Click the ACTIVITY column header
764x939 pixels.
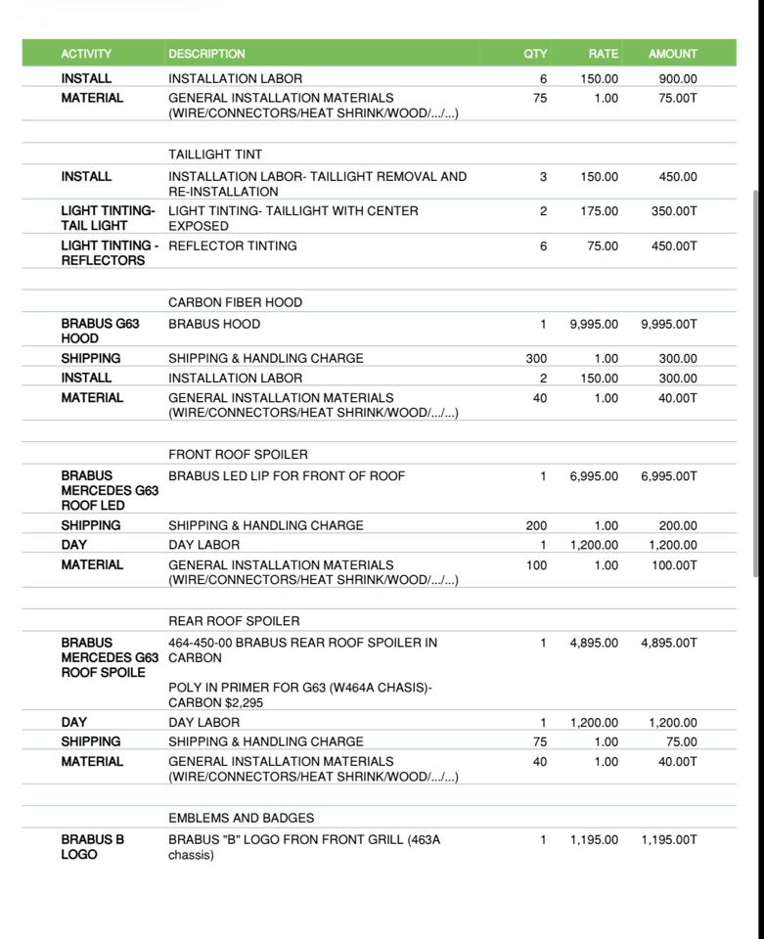coord(86,54)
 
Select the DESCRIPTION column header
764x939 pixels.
coord(206,54)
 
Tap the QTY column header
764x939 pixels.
coord(535,54)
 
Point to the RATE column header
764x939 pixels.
coord(603,54)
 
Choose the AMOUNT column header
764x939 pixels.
coord(673,54)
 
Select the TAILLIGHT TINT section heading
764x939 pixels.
coord(215,155)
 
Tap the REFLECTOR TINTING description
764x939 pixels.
coord(233,246)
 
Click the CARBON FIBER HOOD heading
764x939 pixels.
coord(235,302)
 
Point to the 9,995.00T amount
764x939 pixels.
coord(669,324)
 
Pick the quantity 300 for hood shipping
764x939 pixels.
coord(536,359)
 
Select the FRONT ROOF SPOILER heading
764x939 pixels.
coord(238,455)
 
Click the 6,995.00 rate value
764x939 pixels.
coord(594,476)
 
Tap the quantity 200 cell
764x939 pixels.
coord(536,525)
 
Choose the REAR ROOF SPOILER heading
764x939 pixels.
coord(234,621)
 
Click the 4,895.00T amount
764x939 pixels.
coord(669,643)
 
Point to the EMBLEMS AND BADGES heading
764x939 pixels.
coord(241,818)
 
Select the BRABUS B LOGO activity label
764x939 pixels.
coord(92,847)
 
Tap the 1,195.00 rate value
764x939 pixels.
coord(594,839)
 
